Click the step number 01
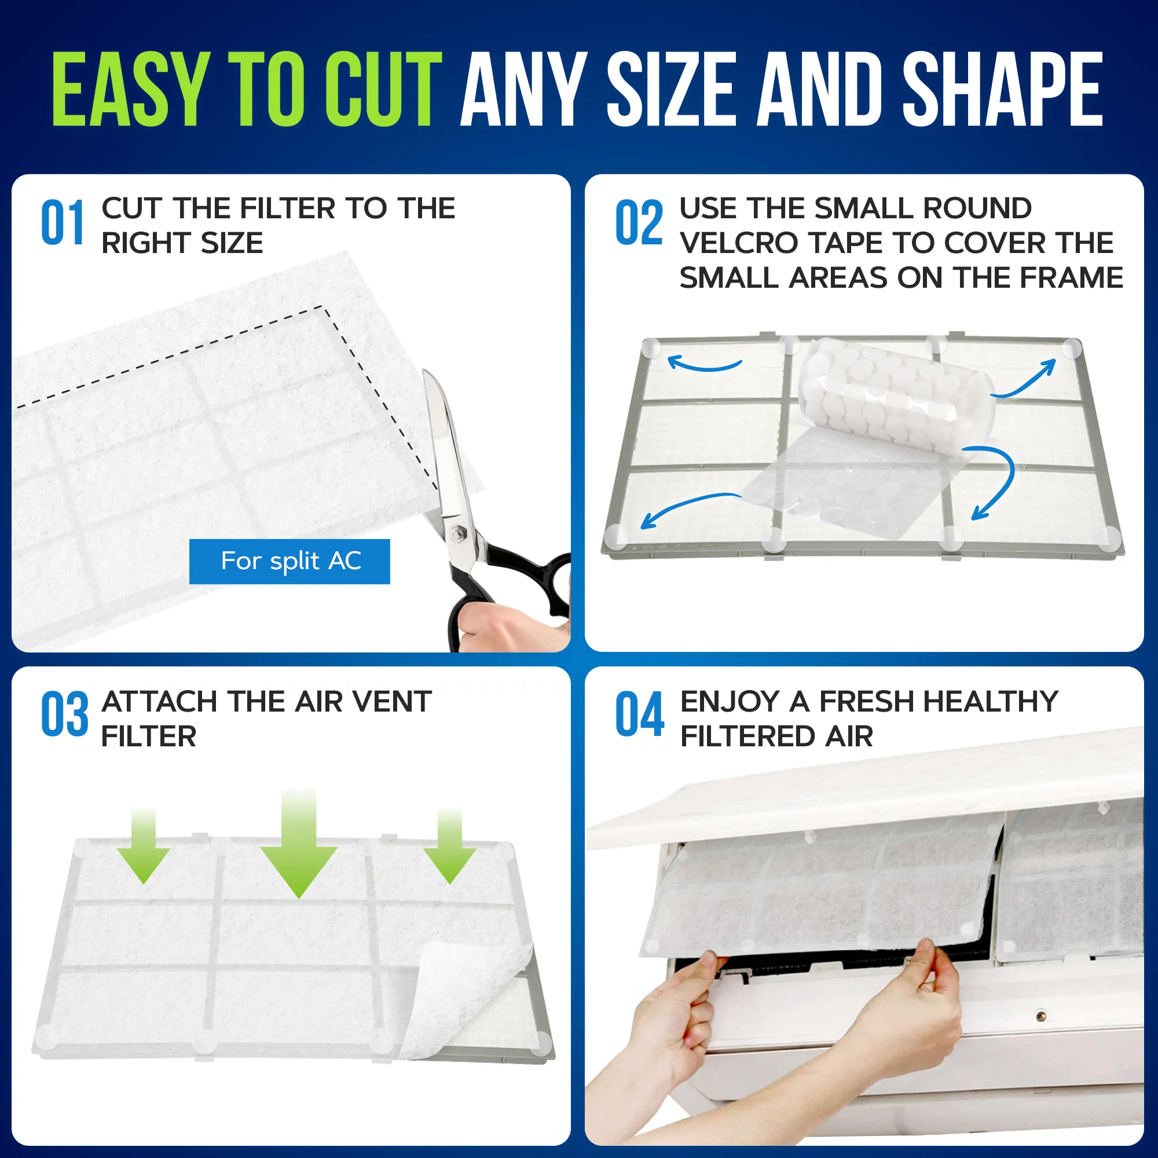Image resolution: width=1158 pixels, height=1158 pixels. pyautogui.click(x=63, y=222)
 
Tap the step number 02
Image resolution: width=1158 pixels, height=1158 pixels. pyautogui.click(x=639, y=222)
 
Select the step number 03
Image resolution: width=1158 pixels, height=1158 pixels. pyautogui.click(x=65, y=714)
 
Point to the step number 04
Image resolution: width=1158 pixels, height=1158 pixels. pyautogui.click(x=640, y=714)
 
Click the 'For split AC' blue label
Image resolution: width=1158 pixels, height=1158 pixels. pyautogui.click(x=289, y=561)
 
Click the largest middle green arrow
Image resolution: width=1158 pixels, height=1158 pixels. pyautogui.click(x=299, y=844)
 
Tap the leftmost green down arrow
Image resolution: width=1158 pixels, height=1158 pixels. pyautogui.click(x=144, y=846)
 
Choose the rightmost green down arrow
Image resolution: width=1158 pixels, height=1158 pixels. pyautogui.click(x=450, y=846)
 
